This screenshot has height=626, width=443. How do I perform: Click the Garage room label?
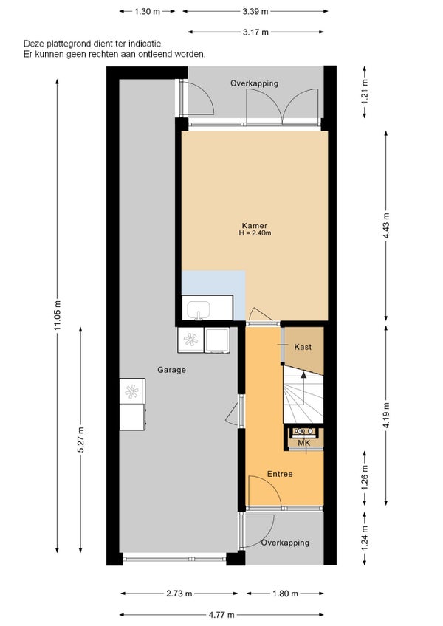click(171, 370)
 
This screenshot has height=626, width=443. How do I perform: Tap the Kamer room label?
click(255, 226)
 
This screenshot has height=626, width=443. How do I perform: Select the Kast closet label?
click(303, 347)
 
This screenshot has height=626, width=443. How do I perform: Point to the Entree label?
click(280, 474)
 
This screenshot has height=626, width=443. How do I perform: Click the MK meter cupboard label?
click(304, 443)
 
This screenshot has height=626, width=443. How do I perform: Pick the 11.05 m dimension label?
click(58, 315)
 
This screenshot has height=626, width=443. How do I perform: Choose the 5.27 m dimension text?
click(81, 440)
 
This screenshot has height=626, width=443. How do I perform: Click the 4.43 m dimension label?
click(386, 226)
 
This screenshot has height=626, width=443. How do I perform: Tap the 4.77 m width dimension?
click(221, 615)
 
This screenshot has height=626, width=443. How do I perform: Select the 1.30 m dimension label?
click(147, 12)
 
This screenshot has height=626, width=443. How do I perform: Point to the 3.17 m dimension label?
click(255, 32)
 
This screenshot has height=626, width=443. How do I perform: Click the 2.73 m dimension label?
click(179, 594)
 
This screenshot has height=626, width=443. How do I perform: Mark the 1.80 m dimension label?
click(286, 594)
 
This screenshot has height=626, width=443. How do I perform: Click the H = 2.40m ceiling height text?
click(255, 233)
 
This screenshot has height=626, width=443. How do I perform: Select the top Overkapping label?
click(255, 83)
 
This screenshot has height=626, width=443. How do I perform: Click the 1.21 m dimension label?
click(365, 92)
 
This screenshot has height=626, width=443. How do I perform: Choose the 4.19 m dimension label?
click(386, 415)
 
